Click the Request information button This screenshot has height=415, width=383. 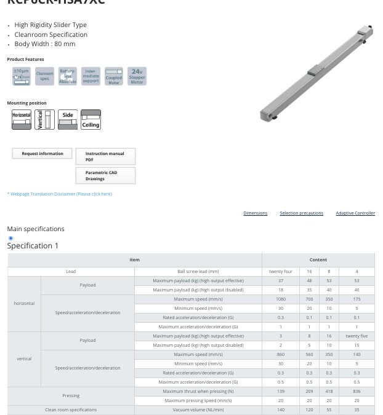click(42, 154)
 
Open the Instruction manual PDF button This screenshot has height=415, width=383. click(105, 156)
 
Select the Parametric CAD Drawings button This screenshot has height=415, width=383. click(105, 176)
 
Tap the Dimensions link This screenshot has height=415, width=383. click(255, 213)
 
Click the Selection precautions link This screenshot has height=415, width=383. click(301, 213)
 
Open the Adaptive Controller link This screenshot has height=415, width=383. click(355, 213)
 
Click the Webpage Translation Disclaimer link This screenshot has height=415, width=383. click(60, 194)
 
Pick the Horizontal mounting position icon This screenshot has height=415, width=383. click(22, 119)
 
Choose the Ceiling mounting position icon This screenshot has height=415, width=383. click(91, 119)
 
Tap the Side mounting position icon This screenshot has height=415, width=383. click(68, 119)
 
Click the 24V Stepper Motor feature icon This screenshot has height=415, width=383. click(137, 76)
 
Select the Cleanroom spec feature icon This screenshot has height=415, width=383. click(45, 76)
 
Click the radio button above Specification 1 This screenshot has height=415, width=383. click(10, 238)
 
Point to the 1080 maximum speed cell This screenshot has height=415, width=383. click(281, 299)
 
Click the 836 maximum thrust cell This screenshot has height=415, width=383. click(357, 391)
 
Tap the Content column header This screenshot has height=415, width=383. click(318, 259)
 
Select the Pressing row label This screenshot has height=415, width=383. click(71, 396)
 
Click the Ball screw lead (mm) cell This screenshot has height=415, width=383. click(198, 271)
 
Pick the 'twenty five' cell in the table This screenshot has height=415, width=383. click(357, 336)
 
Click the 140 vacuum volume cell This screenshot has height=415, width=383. click(281, 409)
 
